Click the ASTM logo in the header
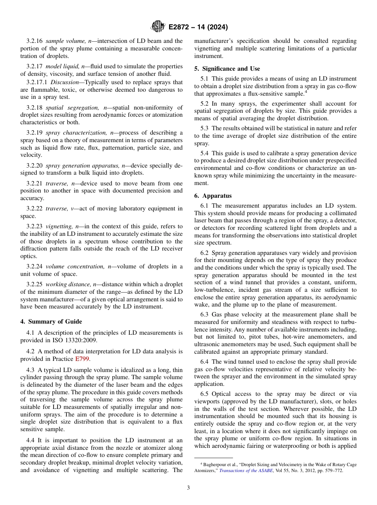[x=158, y=27]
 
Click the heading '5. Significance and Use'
[x=227, y=69]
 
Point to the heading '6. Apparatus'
[x=213, y=196]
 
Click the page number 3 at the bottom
[x=188, y=488]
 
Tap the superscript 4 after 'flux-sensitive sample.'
[x=306, y=92]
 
